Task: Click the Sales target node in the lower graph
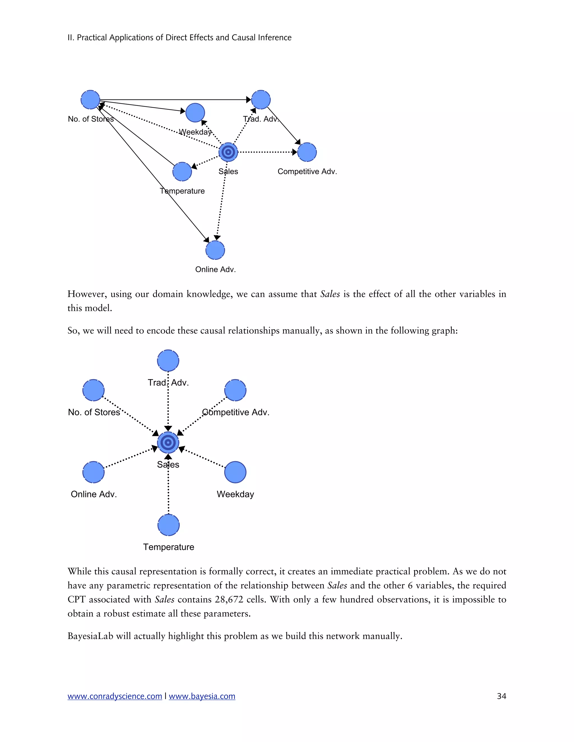coord(168,443)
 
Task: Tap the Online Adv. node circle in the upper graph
coord(215,250)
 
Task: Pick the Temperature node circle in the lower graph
coord(168,525)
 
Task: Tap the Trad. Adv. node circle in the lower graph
coord(168,360)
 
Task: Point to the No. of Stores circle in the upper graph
coord(91,100)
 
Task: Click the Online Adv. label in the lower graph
coord(94,494)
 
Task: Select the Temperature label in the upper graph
coord(182,191)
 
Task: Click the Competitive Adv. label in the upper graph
coord(307,172)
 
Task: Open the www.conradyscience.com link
coord(115,696)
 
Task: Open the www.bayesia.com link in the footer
coord(202,696)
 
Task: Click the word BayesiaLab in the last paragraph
coord(90,636)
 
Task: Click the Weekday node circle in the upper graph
coord(195,113)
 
